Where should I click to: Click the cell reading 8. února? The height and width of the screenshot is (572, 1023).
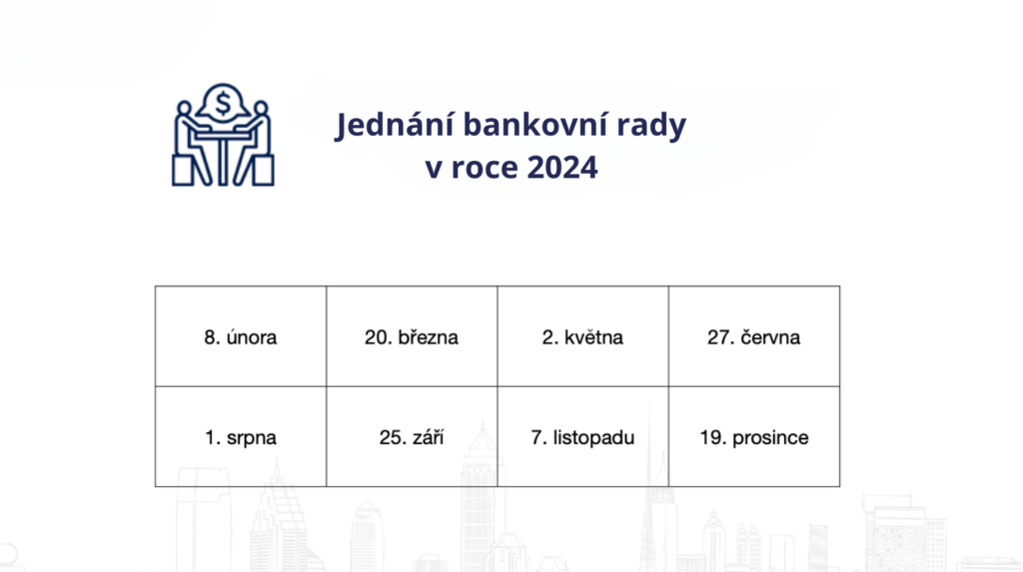pyautogui.click(x=241, y=336)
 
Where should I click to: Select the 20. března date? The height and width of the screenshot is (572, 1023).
pyautogui.click(x=412, y=336)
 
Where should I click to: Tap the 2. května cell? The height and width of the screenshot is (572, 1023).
pyautogui.click(x=582, y=336)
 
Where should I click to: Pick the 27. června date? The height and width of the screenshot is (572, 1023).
pyautogui.click(x=754, y=336)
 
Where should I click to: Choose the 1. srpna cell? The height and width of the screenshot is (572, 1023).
pyautogui.click(x=241, y=437)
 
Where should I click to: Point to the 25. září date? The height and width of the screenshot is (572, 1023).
pyautogui.click(x=412, y=437)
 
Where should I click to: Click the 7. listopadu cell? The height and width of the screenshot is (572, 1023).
pyautogui.click(x=582, y=437)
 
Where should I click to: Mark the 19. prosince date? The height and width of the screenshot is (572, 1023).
pyautogui.click(x=754, y=437)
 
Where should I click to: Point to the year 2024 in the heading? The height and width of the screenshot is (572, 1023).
pyautogui.click(x=562, y=167)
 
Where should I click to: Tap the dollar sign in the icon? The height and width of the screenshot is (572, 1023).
pyautogui.click(x=223, y=103)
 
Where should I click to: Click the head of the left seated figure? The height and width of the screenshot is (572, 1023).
pyautogui.click(x=185, y=108)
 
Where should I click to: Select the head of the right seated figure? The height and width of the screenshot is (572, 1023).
pyautogui.click(x=261, y=108)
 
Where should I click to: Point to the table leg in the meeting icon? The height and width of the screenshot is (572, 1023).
pyautogui.click(x=223, y=161)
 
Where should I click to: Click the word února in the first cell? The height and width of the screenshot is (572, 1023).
pyautogui.click(x=251, y=337)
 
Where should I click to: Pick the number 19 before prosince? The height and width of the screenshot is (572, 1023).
pyautogui.click(x=710, y=437)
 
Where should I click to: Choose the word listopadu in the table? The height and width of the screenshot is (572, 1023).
pyautogui.click(x=593, y=437)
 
